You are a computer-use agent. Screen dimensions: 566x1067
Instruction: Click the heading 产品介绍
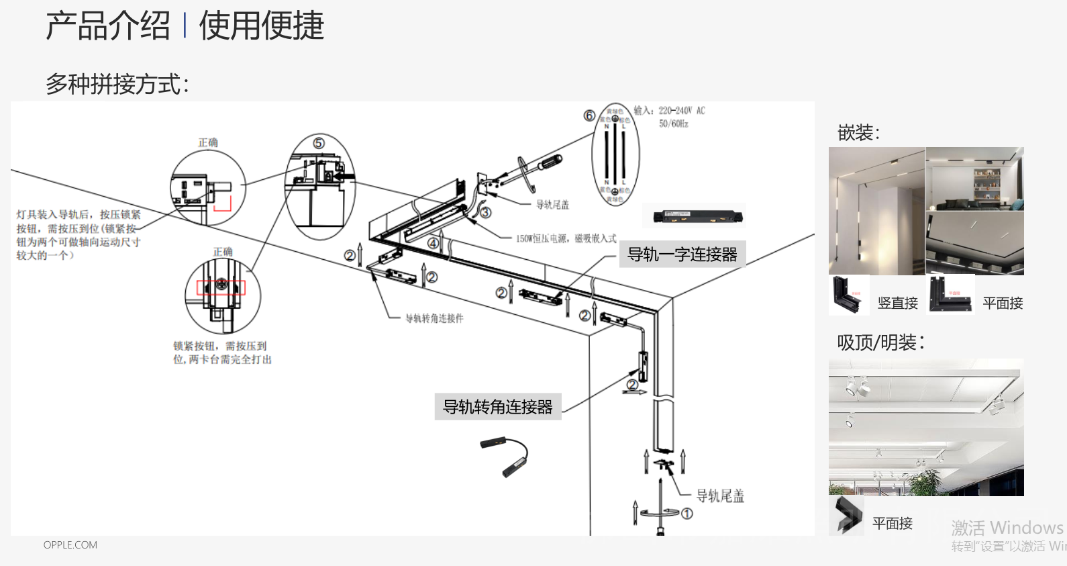pos(108,27)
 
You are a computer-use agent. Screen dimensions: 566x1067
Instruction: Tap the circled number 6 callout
pos(589,115)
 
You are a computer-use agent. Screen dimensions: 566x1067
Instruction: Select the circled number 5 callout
pos(319,143)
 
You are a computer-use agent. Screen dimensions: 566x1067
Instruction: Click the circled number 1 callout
pos(687,514)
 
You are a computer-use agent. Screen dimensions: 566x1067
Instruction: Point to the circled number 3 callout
pos(486,213)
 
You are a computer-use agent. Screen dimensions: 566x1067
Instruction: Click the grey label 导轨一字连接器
pos(682,254)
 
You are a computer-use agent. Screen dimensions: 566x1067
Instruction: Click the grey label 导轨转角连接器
pos(498,407)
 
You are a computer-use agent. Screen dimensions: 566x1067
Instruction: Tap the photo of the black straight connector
pos(694,216)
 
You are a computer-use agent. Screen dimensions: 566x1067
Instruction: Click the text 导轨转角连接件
pos(434,318)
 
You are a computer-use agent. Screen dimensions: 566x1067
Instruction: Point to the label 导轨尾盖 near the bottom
pos(720,496)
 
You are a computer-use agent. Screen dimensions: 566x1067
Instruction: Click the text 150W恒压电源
pos(542,238)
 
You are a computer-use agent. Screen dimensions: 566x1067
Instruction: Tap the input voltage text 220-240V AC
pos(681,111)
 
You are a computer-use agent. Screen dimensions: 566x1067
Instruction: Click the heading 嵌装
pos(858,133)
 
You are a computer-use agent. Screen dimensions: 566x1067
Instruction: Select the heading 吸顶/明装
pos(880,342)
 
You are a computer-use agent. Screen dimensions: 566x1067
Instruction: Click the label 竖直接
pos(897,303)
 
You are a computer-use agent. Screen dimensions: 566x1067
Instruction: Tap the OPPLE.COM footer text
pos(70,545)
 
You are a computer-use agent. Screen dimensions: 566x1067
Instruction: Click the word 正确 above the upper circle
pos(208,142)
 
